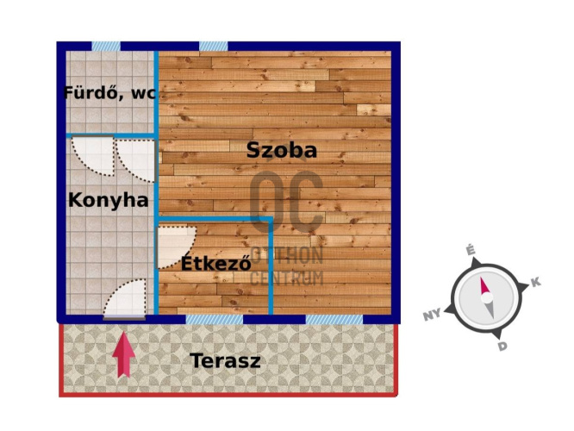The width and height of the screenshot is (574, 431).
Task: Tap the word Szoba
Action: tap(282, 149)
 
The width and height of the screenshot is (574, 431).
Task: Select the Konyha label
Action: tap(108, 200)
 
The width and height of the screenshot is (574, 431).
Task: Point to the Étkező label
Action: tap(215, 264)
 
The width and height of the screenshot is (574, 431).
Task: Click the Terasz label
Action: tap(226, 360)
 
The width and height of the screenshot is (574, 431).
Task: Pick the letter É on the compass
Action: tap(471, 251)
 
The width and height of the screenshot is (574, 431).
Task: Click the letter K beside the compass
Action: tap(535, 283)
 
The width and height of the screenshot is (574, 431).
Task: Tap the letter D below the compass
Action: tap(502, 346)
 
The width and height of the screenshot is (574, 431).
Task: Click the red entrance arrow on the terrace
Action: tap(124, 353)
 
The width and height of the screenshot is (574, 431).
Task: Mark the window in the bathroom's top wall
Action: tap(106, 46)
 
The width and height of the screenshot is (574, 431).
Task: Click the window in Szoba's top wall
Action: tap(214, 46)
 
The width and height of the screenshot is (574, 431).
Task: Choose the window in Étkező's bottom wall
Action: tap(215, 319)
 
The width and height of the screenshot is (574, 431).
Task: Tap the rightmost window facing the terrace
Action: tap(334, 319)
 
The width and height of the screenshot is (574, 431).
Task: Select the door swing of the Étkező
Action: tap(177, 246)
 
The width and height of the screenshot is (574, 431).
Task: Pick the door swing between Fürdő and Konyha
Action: tap(92, 155)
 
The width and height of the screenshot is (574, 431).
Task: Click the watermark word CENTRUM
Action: tap(287, 278)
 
